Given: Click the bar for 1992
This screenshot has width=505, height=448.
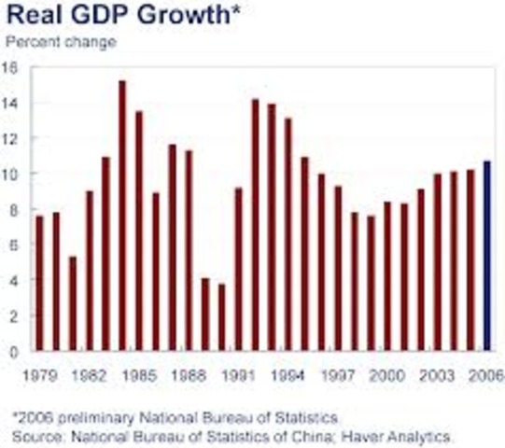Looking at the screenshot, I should click(254, 225).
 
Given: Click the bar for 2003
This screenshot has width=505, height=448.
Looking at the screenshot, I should click(437, 262).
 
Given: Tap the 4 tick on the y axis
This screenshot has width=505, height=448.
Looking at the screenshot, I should click(14, 280).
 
